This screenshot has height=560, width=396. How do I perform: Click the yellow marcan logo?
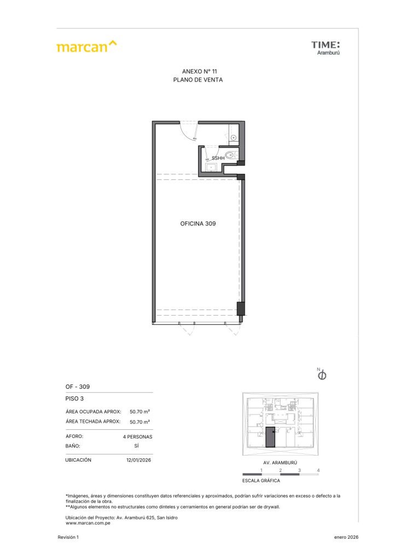[x=86, y=46]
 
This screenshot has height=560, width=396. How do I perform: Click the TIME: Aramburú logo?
[x=325, y=48]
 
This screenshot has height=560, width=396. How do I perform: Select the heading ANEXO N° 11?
[x=199, y=72]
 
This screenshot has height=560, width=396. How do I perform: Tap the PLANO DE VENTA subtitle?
[x=198, y=80]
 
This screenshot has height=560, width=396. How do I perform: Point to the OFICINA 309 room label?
[x=198, y=224]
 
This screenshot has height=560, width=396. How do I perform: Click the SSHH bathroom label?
[x=218, y=158]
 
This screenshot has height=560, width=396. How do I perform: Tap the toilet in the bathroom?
[x=231, y=155]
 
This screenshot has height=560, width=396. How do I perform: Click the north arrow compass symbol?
[x=322, y=375]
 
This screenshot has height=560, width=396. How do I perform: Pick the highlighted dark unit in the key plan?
[x=270, y=437]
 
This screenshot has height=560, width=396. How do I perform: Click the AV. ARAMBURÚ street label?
[x=280, y=463]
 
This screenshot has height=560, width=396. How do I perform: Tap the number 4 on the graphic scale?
[x=318, y=470]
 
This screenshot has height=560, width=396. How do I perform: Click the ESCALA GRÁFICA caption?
[x=261, y=481]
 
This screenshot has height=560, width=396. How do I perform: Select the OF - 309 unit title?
[x=78, y=387]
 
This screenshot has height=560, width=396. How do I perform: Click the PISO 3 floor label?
[x=74, y=399]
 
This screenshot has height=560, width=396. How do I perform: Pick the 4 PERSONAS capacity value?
[x=137, y=437]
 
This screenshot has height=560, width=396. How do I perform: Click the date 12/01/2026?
[x=138, y=460]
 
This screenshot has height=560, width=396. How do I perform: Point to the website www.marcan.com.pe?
[x=88, y=523]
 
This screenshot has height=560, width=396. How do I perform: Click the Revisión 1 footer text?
[x=68, y=537]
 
